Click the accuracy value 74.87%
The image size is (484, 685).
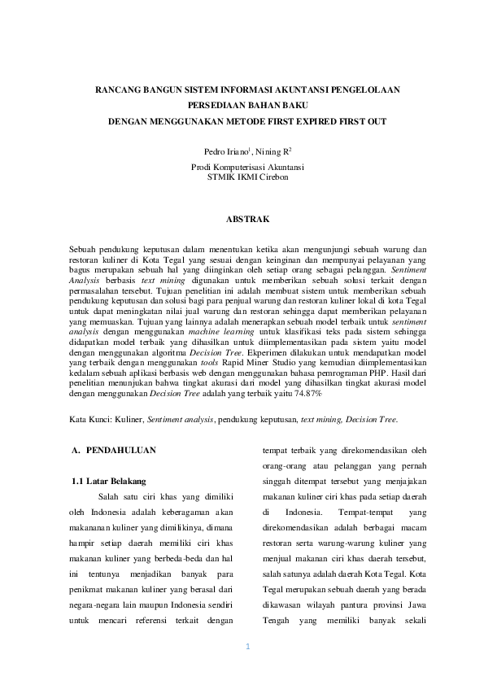pos(307,393)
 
